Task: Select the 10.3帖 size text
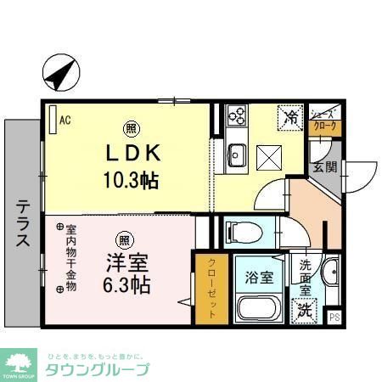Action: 132,180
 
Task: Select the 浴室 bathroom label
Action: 259,276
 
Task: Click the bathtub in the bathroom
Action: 259,307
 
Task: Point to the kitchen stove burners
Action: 235,115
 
